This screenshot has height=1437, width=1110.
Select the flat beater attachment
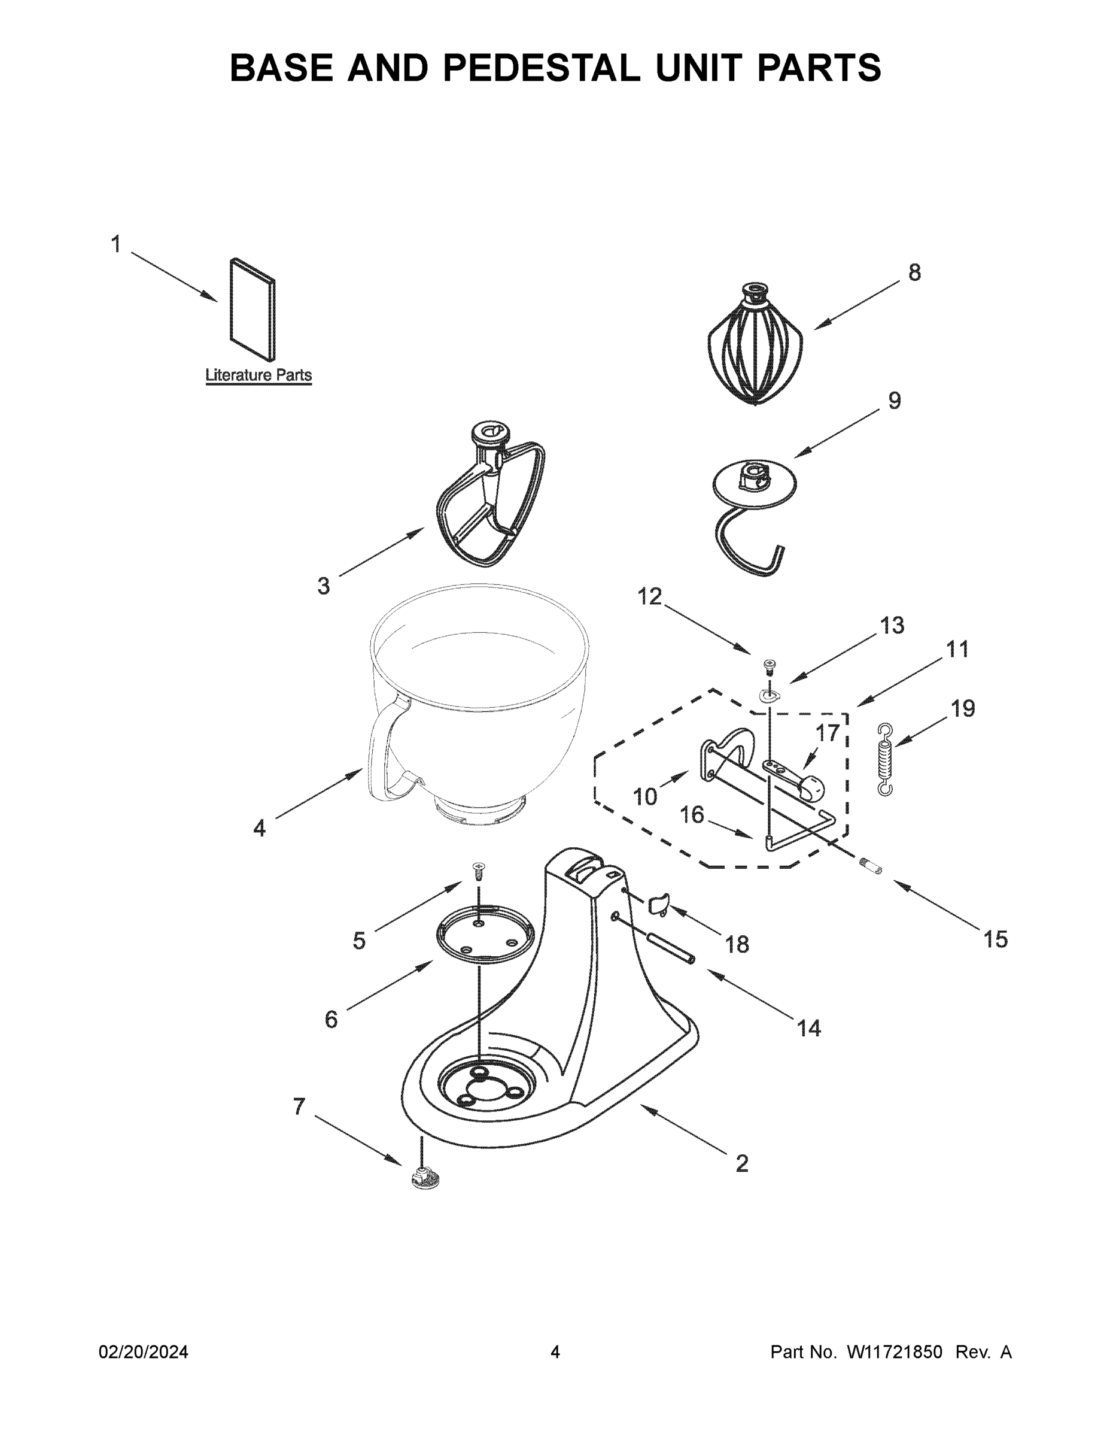point(490,500)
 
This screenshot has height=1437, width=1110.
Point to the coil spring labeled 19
point(885,759)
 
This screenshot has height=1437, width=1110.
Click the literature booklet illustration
point(253,309)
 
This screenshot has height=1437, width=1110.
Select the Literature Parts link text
point(259,375)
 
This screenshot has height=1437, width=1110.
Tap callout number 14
point(809,1027)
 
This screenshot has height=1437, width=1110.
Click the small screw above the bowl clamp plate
point(479,872)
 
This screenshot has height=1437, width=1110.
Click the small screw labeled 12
point(767,667)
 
